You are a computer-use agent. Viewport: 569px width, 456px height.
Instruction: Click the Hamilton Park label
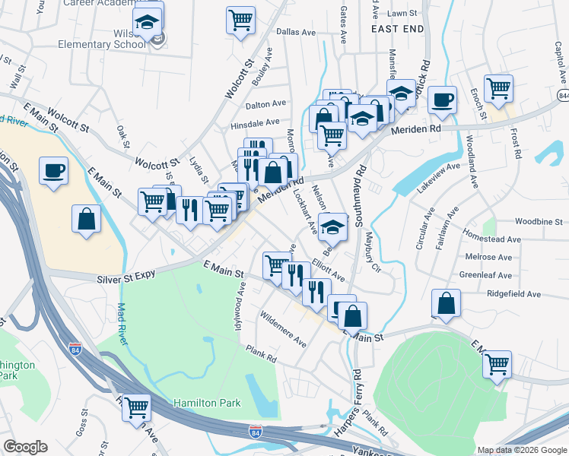(207, 403)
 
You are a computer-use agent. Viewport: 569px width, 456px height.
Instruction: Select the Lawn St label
(402, 14)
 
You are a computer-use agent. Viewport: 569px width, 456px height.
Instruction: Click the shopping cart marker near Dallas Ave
(240, 20)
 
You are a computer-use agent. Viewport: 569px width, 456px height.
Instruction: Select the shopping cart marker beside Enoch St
(498, 88)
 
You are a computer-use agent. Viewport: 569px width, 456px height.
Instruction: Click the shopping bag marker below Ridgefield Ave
(446, 303)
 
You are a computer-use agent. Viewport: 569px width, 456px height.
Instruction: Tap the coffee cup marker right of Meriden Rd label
(441, 99)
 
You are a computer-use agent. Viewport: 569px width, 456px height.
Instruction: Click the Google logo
(26, 447)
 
